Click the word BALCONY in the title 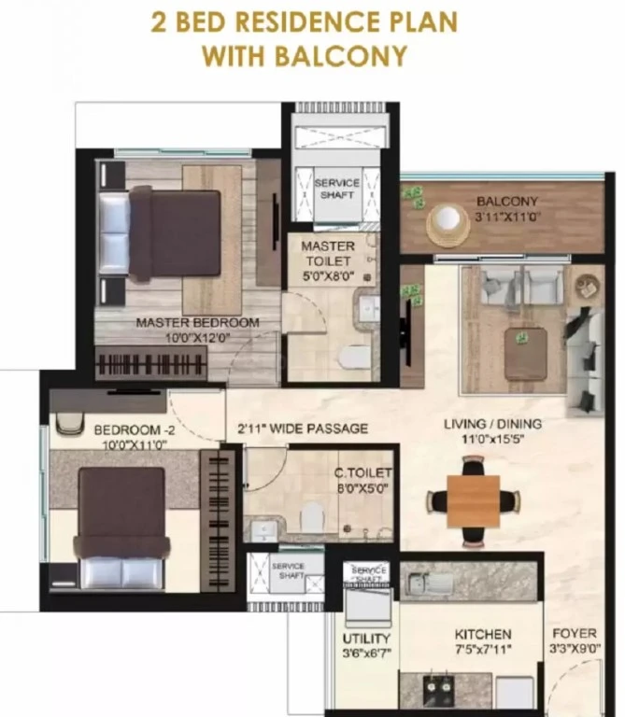point(340,56)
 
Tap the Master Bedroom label point(198,322)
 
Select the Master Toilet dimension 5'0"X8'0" point(328,276)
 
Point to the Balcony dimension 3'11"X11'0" point(507,217)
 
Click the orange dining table point(473,500)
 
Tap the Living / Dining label point(492,424)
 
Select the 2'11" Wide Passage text point(303,429)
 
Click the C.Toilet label point(362,472)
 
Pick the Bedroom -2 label point(135,429)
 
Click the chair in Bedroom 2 point(70,423)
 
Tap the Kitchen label point(483,634)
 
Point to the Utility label point(366,639)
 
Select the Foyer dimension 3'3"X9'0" point(575,649)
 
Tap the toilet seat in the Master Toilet point(356,357)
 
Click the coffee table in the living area point(526,354)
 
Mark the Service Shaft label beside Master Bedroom point(337,189)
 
